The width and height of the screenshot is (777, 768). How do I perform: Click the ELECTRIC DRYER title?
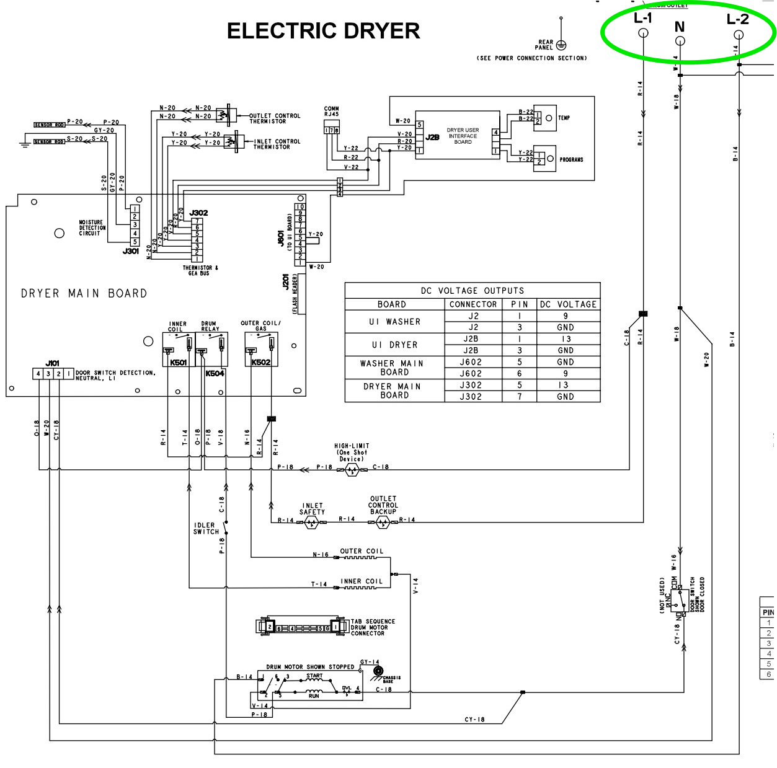point(323,31)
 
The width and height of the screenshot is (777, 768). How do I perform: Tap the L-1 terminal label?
point(642,18)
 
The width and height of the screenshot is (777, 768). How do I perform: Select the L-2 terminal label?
point(737,19)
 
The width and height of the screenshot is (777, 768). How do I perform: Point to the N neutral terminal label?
point(680,27)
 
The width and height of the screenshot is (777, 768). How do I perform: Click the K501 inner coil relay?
point(179,350)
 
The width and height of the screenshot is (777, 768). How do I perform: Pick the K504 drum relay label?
point(215,374)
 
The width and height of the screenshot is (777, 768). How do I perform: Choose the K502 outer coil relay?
point(261,350)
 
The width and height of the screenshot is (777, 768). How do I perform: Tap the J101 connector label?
point(53,363)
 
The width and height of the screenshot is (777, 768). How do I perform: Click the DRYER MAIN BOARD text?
point(84,293)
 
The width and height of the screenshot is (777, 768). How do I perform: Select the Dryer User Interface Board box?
point(458,136)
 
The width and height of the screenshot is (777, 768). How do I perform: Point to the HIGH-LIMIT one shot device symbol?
point(352,470)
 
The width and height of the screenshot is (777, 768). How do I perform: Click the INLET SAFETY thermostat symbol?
point(311,523)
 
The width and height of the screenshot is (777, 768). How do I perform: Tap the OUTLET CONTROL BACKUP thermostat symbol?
point(382,523)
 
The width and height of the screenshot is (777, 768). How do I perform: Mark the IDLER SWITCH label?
point(206,528)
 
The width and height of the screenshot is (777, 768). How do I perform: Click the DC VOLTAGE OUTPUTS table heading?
point(473,291)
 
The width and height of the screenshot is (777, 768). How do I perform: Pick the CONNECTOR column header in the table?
point(473,304)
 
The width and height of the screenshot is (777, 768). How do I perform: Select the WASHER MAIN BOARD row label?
point(394,368)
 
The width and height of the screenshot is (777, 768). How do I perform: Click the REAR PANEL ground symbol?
point(561,45)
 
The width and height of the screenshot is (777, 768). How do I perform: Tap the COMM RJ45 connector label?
point(332,112)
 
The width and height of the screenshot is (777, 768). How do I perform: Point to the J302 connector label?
point(199,213)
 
